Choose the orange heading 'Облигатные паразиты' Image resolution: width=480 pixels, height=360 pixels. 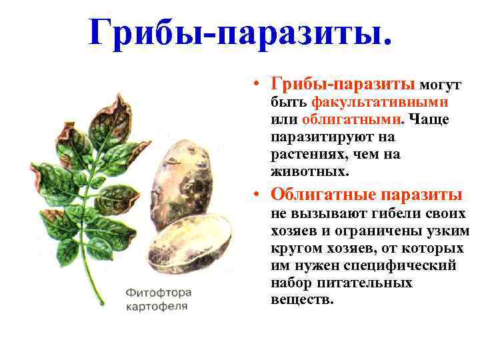[x=366, y=194]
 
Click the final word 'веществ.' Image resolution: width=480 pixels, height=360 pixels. [x=301, y=299]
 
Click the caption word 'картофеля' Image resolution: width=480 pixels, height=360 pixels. [x=158, y=307]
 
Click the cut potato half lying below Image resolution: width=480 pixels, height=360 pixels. [x=189, y=243]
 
